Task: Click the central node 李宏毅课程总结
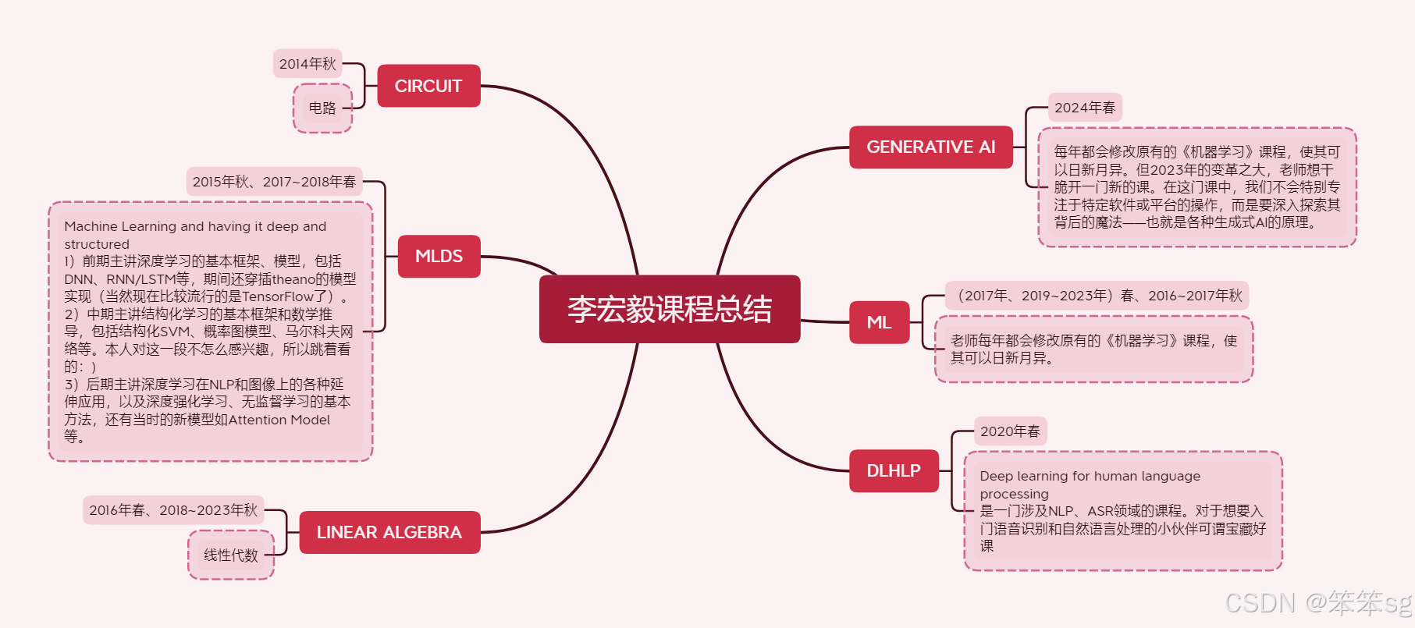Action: [x=669, y=309]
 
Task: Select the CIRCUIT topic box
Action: [x=428, y=86]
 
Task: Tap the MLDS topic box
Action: [x=439, y=256]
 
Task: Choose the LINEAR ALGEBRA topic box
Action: [x=389, y=532]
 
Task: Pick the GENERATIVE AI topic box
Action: [x=930, y=147]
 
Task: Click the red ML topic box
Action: [x=879, y=322]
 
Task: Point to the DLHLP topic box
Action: [x=893, y=470]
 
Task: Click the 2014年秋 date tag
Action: [x=308, y=64]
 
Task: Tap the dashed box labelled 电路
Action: [x=322, y=108]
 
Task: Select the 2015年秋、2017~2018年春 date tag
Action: [x=274, y=182]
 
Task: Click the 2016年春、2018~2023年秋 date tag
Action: [x=173, y=510]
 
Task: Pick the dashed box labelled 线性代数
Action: [x=230, y=555]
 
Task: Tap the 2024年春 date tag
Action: [x=1084, y=108]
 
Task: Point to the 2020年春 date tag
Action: [x=1010, y=431]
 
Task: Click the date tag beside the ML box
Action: [x=1097, y=296]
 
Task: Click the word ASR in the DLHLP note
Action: [x=1100, y=511]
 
